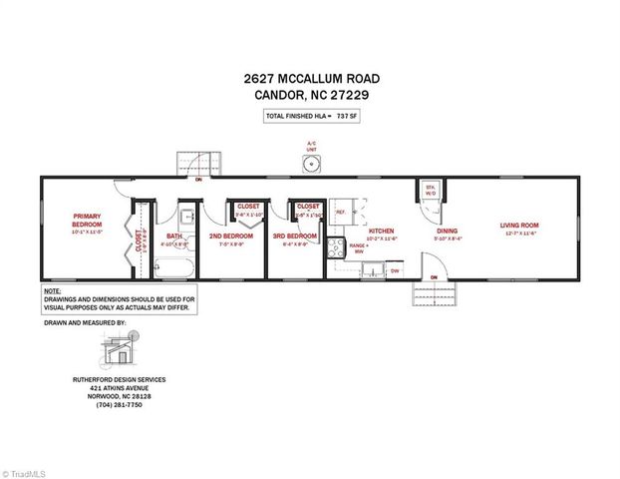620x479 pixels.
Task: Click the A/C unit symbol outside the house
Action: [311, 163]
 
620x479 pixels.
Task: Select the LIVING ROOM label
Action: [518, 226]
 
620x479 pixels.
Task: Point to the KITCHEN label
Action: [381, 232]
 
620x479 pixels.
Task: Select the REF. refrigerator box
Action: [341, 213]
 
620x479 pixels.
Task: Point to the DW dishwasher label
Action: [395, 270]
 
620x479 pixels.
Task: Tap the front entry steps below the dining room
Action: [434, 293]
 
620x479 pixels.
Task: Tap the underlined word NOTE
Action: [52, 290]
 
